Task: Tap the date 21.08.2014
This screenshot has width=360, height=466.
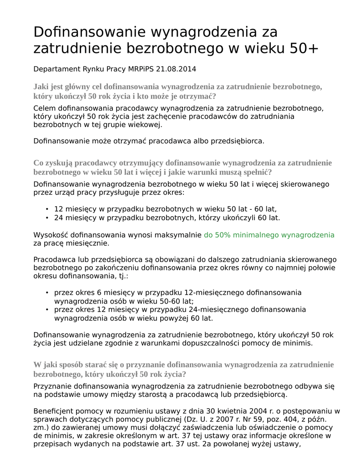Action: (176, 69)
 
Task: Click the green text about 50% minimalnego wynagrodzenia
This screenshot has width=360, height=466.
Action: (269, 235)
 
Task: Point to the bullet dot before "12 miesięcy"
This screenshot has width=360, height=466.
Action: (47, 209)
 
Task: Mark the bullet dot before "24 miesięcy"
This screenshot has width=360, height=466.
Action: (47, 218)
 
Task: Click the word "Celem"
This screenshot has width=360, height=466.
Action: (44, 108)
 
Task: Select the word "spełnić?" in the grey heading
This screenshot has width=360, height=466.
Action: (257, 172)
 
